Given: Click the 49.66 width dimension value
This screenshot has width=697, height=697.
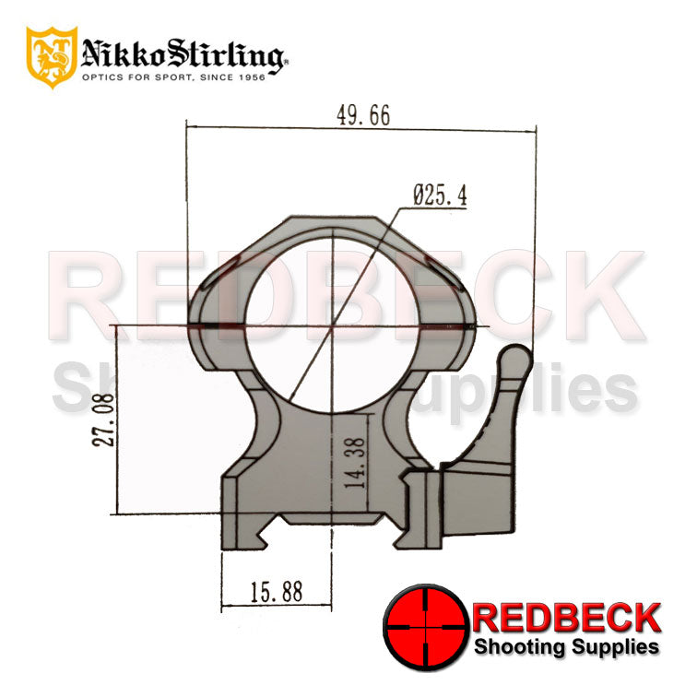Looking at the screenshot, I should click(x=363, y=115).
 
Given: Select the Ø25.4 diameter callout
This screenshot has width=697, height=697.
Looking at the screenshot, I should click(x=440, y=195).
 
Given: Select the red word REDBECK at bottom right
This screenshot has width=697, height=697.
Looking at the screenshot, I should click(x=567, y=616).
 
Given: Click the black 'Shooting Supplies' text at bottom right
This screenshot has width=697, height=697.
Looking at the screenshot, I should click(x=567, y=646).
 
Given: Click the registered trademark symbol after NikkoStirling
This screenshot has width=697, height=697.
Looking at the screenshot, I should click(x=286, y=63).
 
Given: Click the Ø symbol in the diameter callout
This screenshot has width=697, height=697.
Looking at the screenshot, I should click(x=419, y=195).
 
